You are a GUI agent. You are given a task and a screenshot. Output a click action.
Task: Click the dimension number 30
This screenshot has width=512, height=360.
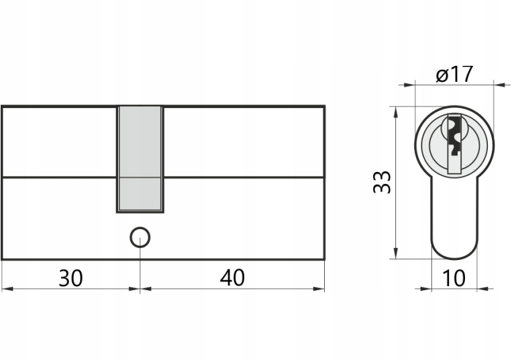[x=70, y=278]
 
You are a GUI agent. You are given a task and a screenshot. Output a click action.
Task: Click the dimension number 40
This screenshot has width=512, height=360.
[x=232, y=277]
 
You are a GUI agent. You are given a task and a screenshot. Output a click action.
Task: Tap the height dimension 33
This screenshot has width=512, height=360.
[x=382, y=182]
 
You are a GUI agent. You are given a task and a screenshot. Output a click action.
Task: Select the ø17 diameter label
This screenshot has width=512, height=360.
[x=454, y=74]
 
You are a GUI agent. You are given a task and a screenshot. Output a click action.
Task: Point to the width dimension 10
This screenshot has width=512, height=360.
[x=454, y=278]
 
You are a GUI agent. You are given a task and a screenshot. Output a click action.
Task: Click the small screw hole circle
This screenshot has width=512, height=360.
[x=140, y=237]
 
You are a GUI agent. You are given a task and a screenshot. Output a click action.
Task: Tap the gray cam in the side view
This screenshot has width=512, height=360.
[x=140, y=159]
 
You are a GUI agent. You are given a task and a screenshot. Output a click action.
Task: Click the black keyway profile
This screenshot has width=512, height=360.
[x=454, y=134]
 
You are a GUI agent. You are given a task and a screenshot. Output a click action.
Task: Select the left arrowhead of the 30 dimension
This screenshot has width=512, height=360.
[x=7, y=289]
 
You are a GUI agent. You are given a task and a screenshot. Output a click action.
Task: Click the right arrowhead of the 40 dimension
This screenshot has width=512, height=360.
[x=319, y=289]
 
